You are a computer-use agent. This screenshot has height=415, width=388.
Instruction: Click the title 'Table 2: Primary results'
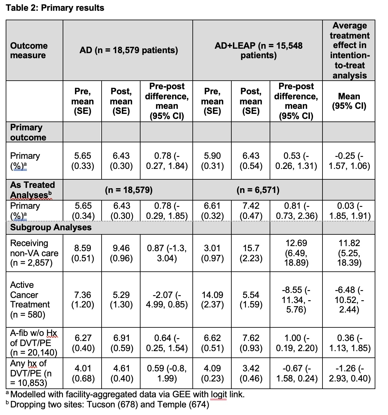tap(55, 8)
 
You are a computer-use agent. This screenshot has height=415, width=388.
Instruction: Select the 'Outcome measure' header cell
tap(29, 50)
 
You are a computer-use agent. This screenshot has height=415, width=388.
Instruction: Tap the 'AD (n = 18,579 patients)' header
tap(128, 50)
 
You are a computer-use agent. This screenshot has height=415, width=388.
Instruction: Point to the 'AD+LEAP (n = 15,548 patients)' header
tap(258, 50)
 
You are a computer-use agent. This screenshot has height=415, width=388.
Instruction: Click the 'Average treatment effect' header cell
tap(349, 50)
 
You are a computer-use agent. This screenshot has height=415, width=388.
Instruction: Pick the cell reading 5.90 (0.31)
tap(212, 161)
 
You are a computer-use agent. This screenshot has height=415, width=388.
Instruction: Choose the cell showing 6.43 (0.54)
tap(251, 161)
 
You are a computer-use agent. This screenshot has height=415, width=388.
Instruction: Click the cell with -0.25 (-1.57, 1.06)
tap(349, 161)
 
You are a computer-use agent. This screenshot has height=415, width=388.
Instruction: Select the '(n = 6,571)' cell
tap(258, 190)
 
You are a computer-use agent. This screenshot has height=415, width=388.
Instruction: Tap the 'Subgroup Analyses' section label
tap(51, 227)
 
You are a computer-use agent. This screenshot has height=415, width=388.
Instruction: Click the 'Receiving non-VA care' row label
tap(34, 253)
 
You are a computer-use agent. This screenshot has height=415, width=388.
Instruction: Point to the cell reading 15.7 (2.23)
tap(251, 253)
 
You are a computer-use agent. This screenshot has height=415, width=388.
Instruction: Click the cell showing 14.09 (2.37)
tap(212, 300)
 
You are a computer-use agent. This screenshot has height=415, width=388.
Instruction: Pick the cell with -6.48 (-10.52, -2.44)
tap(349, 300)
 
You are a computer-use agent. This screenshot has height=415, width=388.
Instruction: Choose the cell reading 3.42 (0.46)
tap(251, 373)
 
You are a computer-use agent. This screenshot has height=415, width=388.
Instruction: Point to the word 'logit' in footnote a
tap(219, 394)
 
